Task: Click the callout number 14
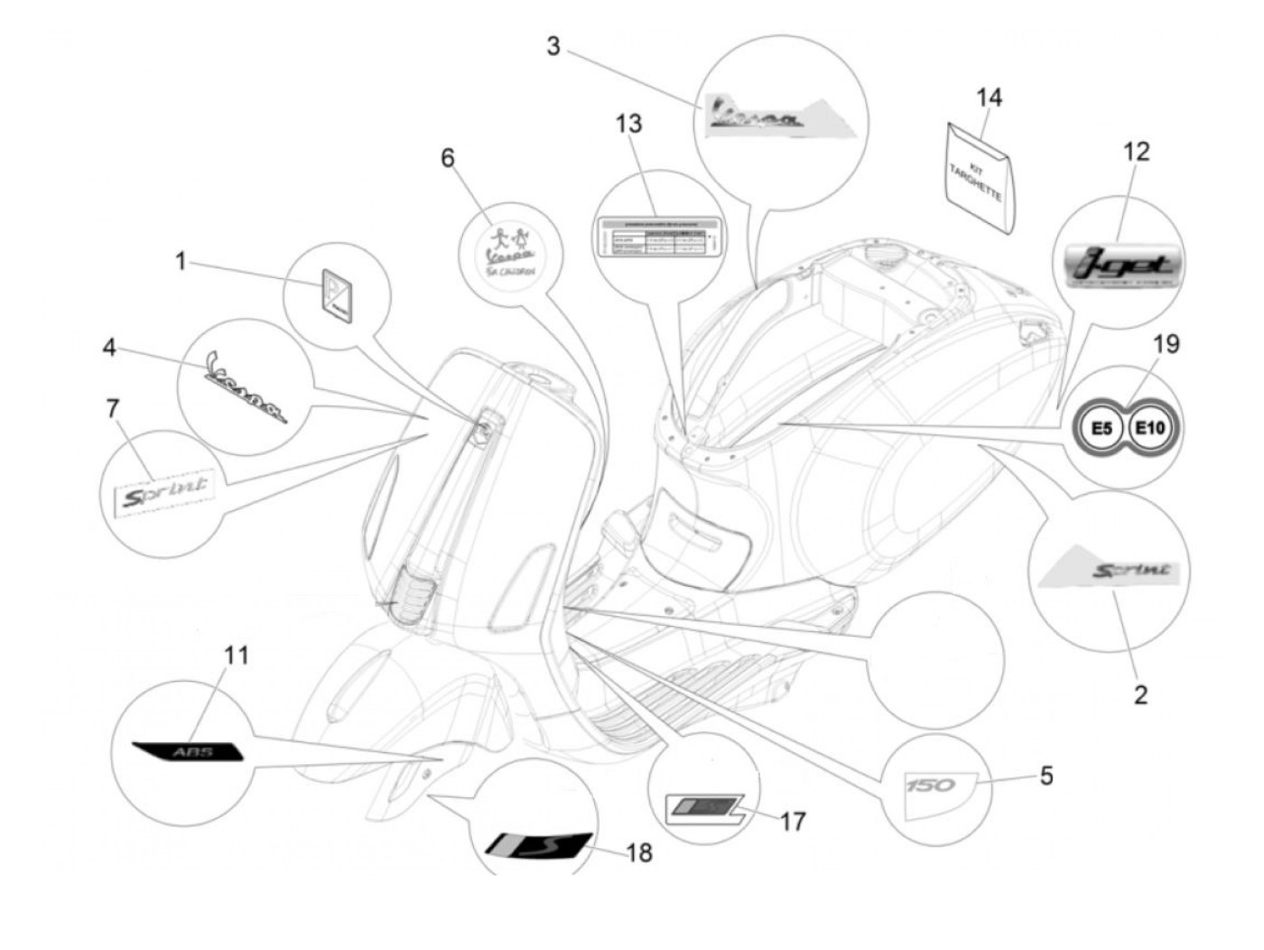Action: click(990, 98)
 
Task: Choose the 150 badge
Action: click(931, 785)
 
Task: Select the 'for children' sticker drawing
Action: click(509, 252)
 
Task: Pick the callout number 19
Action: click(1166, 344)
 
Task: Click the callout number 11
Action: click(236, 655)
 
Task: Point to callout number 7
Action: click(113, 408)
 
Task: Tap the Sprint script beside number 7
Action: click(165, 492)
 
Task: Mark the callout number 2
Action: click(1140, 694)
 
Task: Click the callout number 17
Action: click(793, 821)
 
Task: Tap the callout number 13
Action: click(628, 123)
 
